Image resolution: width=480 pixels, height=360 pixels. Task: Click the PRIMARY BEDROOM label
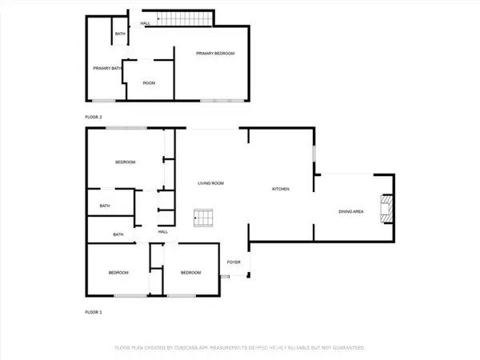[216, 53]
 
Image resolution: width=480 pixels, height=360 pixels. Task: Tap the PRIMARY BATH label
[106, 69]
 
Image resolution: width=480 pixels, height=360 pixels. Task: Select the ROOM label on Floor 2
[149, 83]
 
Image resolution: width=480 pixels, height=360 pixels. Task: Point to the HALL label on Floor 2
[146, 23]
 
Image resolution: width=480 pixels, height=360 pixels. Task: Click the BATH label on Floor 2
[120, 34]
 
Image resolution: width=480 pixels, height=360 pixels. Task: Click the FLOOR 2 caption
[95, 117]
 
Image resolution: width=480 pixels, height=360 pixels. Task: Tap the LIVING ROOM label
[211, 183]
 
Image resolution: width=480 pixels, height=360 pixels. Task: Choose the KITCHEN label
[280, 189]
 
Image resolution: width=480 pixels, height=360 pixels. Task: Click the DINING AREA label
[351, 211]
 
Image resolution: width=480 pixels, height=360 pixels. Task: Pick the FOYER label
[234, 262]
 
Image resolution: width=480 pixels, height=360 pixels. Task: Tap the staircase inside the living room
[204, 217]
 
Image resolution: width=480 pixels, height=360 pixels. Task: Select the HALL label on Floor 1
[162, 231]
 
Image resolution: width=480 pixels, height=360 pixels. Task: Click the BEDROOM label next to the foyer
[190, 273]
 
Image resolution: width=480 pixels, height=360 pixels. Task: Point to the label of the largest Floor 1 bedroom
[126, 162]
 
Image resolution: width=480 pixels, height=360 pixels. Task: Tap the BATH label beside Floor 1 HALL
[118, 234]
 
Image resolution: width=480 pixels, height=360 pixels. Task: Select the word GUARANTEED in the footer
[346, 348]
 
